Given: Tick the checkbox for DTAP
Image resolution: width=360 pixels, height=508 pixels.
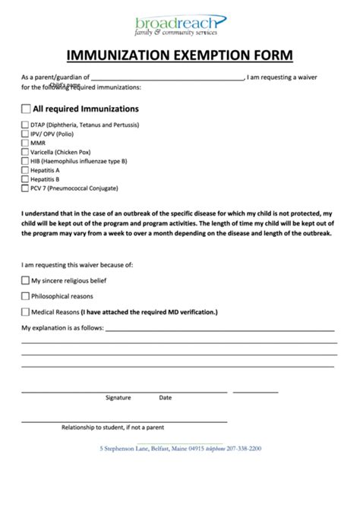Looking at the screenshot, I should tap(25, 125).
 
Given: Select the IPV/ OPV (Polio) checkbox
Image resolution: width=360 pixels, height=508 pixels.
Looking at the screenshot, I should tap(25, 134).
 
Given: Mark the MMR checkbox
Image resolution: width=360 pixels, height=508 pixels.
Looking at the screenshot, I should tap(25, 143).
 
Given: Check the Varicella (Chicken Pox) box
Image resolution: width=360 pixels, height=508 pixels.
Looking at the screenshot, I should tap(25, 152).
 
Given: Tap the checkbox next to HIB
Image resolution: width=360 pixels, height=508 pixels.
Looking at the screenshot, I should tap(25, 161).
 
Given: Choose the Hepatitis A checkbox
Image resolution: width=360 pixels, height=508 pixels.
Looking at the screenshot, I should tap(25, 170).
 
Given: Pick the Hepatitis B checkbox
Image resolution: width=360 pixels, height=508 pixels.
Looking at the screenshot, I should tap(25, 179).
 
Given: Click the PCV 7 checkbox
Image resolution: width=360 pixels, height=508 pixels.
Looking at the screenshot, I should tap(25, 188).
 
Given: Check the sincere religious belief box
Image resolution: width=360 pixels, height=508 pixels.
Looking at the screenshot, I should tap(25, 281).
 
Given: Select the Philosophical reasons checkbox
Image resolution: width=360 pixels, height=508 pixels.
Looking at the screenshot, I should tap(25, 296).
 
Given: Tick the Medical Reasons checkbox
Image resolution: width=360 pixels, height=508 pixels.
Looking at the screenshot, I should tap(25, 312).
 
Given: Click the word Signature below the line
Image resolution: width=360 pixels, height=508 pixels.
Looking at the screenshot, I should tap(118, 397).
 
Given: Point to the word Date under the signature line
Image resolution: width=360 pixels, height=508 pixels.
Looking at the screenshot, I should tap(165, 397).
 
